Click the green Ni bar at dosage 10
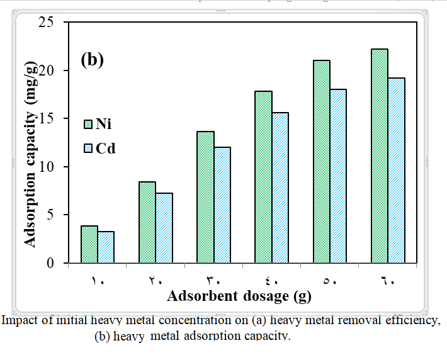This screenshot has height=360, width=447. (x=89, y=244)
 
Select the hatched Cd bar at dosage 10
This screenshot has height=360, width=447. (x=106, y=247)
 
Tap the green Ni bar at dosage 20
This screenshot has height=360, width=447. (x=147, y=222)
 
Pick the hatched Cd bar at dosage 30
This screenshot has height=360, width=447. (x=222, y=205)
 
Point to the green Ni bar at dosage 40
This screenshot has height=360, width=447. (x=263, y=177)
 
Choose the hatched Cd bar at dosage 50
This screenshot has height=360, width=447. (x=338, y=176)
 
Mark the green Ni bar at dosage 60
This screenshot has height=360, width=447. (x=379, y=155)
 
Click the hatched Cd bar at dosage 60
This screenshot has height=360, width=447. (x=396, y=170)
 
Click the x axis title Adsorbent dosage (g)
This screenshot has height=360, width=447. (x=239, y=295)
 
